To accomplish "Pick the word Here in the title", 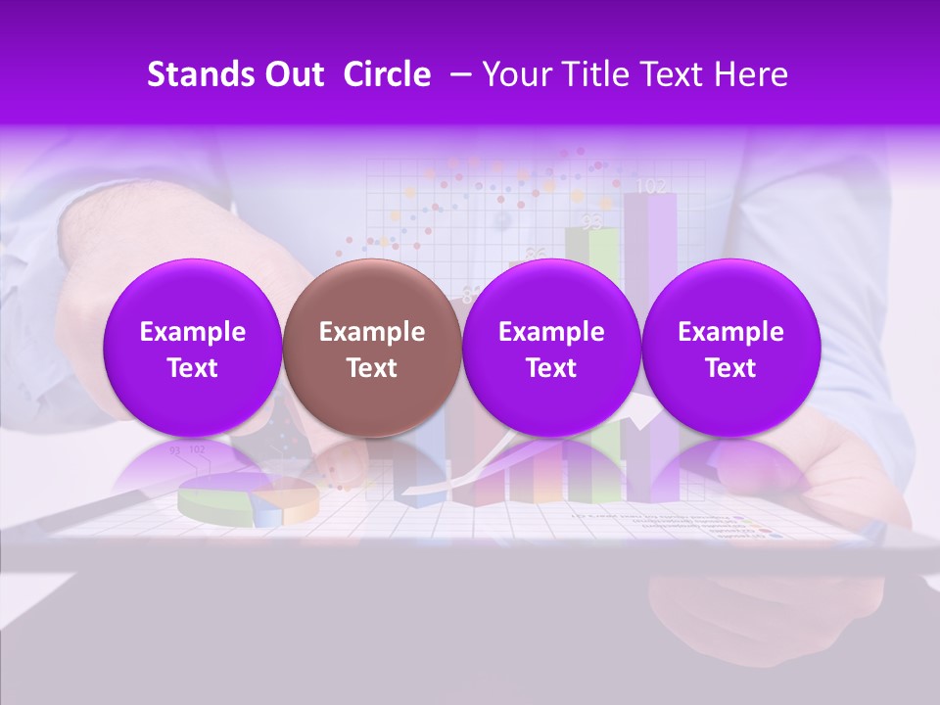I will pos(750,74).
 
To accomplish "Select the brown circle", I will pos(372,348).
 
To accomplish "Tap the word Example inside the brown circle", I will pos(372,332).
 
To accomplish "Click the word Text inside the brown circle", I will pos(372,368).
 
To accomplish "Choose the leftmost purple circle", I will pos(193,348).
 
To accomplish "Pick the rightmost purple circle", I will pos(731,348).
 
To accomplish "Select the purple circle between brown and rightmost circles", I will pos(551,348).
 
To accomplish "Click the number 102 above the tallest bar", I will pos(651,185).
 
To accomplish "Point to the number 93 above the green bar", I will pos(590,222).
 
